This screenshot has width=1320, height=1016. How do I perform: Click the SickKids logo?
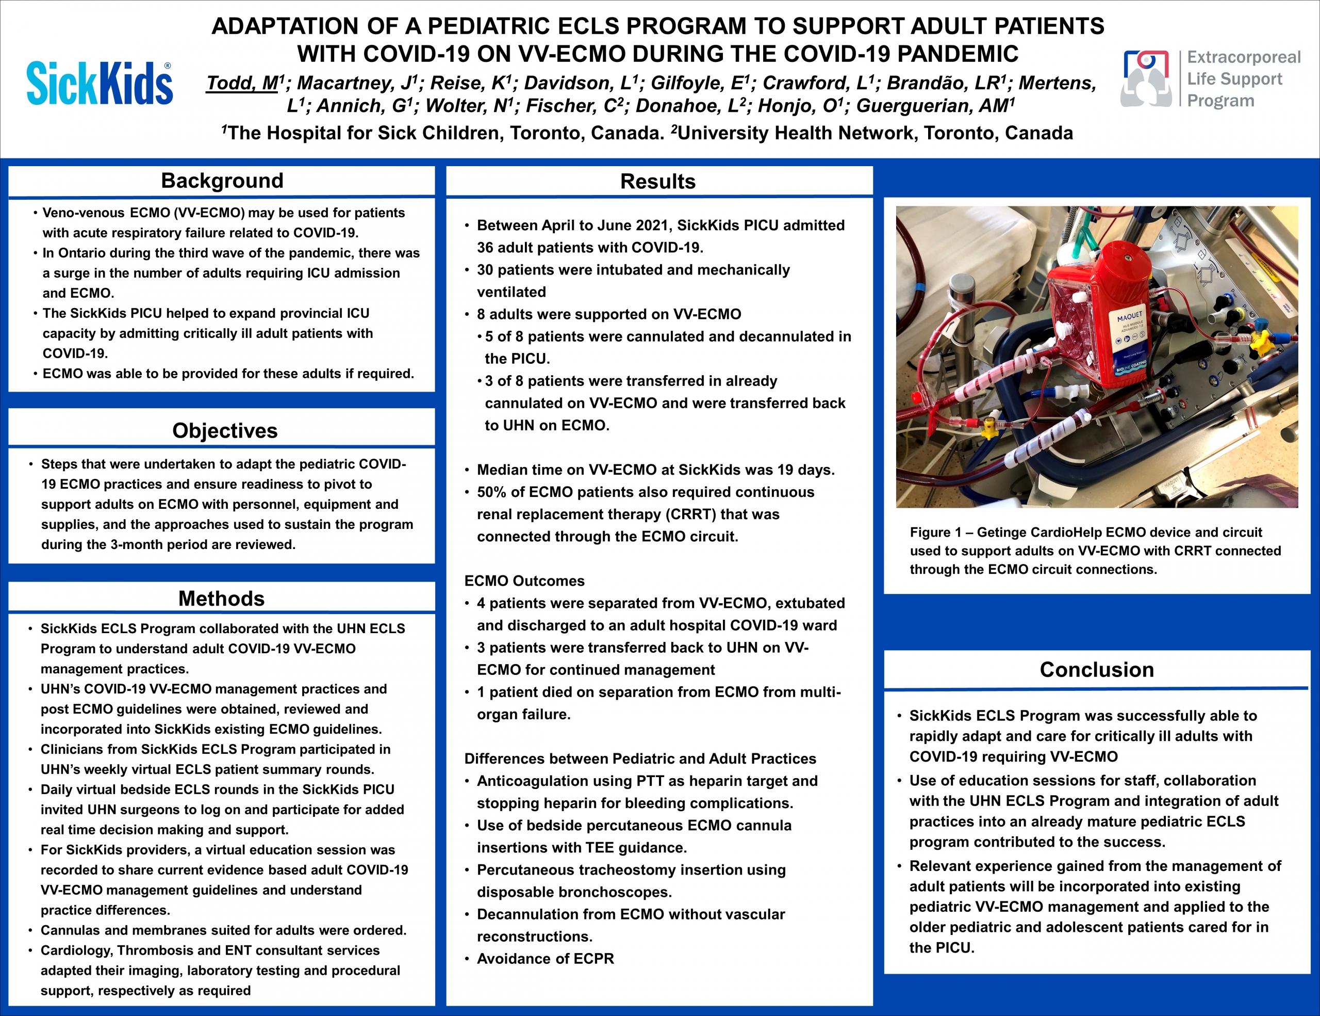[100, 83]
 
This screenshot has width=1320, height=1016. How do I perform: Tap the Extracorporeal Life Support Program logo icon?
[1146, 78]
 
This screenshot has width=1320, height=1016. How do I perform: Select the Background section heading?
[222, 181]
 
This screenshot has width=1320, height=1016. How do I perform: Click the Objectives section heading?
[225, 430]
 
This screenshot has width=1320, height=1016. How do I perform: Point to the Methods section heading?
[221, 599]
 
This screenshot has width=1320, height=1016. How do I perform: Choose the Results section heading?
[657, 182]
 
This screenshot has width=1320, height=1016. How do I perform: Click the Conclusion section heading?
[1096, 669]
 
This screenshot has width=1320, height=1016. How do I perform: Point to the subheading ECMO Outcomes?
[524, 581]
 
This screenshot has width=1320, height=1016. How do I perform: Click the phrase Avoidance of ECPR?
[545, 959]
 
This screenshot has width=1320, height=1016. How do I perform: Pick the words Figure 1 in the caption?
[935, 532]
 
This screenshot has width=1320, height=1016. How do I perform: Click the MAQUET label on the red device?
[1129, 317]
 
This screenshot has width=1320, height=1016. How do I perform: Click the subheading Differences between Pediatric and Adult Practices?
[640, 759]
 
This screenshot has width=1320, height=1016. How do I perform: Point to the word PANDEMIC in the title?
[958, 54]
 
